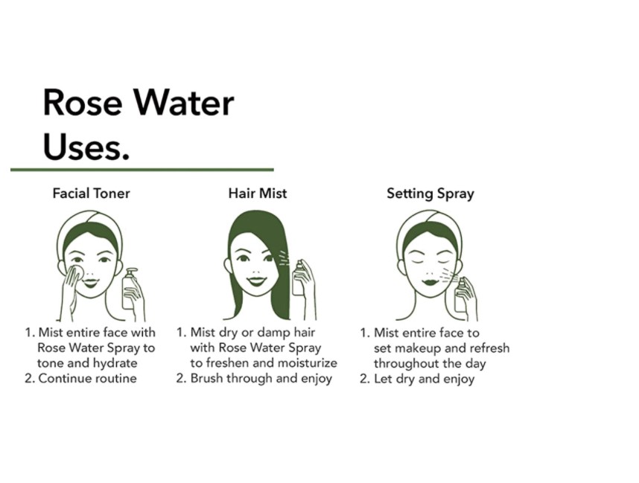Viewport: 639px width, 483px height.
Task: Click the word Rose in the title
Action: pos(83,103)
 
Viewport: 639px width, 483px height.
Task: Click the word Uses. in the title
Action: pos(86,147)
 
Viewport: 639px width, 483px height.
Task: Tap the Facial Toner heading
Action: pos(92,193)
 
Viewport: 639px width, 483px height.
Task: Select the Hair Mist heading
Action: pos(258,193)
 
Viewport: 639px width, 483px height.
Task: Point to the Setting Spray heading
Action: pos(430,193)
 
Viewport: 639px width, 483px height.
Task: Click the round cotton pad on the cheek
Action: pos(76,273)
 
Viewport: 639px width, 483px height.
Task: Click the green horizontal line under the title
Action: pos(142,170)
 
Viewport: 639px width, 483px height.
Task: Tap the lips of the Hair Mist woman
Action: pos(257,281)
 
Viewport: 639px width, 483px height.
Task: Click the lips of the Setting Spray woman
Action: pos(429,281)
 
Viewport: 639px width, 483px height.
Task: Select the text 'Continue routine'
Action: pos(88,378)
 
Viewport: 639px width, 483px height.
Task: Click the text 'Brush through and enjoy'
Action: pos(261,379)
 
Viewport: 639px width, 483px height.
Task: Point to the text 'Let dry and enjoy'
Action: pos(425,379)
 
